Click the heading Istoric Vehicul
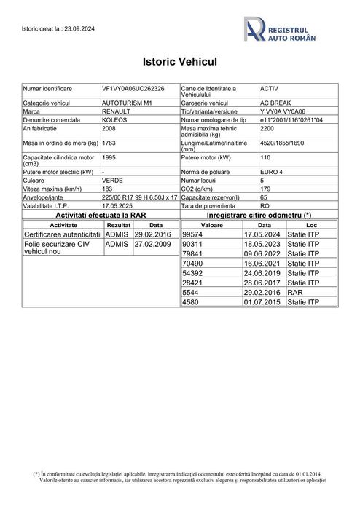click(179, 63)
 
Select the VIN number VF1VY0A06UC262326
click(133, 88)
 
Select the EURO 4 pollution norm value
click(273, 169)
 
